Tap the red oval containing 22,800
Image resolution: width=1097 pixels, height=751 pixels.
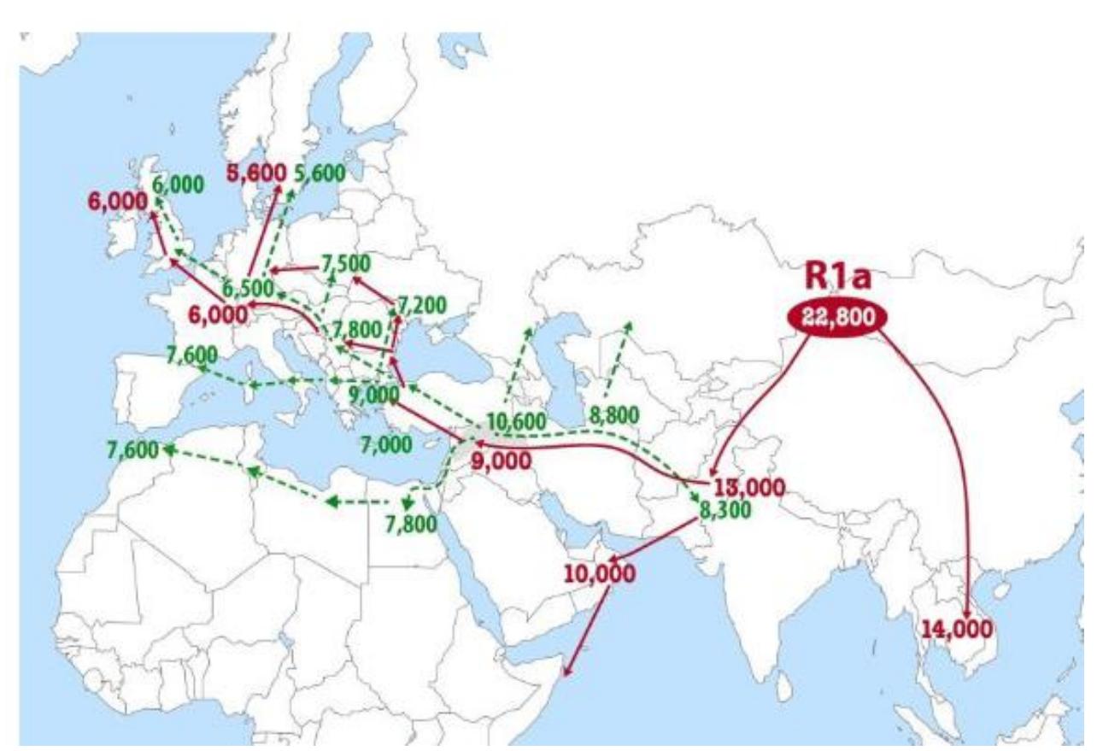(838, 317)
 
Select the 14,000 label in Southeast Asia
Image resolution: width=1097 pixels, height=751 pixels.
(958, 631)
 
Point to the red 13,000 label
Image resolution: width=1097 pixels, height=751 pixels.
(748, 489)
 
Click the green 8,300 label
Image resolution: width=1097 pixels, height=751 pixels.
(725, 511)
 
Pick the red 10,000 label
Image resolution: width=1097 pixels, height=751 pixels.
(600, 572)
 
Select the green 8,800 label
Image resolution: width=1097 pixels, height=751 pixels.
(613, 416)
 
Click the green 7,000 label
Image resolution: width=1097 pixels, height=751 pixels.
(385, 444)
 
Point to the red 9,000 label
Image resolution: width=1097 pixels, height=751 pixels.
(502, 461)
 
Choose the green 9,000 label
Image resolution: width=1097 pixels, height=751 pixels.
(373, 395)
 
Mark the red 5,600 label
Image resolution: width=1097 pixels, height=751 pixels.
(256, 173)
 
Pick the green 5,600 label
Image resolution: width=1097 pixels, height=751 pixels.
(320, 173)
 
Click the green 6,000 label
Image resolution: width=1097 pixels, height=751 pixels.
(178, 184)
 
